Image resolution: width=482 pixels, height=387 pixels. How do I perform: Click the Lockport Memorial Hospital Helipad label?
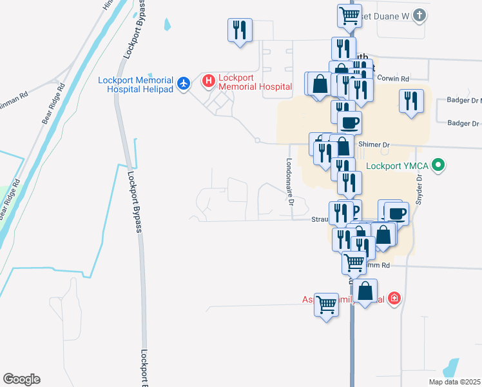pos(135,86)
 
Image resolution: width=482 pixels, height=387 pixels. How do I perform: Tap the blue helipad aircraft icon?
pos(184,83)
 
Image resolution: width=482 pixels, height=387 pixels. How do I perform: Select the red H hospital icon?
pos(208,81)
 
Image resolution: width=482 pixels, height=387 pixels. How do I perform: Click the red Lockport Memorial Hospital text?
pos(255,82)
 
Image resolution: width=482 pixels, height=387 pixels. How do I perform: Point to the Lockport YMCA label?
pos(398,165)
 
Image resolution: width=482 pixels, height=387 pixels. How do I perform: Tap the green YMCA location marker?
pos(439,165)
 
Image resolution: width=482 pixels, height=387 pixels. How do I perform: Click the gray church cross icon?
pos(419,15)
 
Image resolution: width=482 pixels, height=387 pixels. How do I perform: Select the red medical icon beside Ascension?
pos(394,299)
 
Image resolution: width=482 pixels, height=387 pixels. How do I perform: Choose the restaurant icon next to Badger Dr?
pos(410,101)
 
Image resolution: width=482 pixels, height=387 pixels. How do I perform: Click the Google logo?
pos(21,379)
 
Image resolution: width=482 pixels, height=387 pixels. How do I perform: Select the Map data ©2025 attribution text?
pos(455,382)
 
